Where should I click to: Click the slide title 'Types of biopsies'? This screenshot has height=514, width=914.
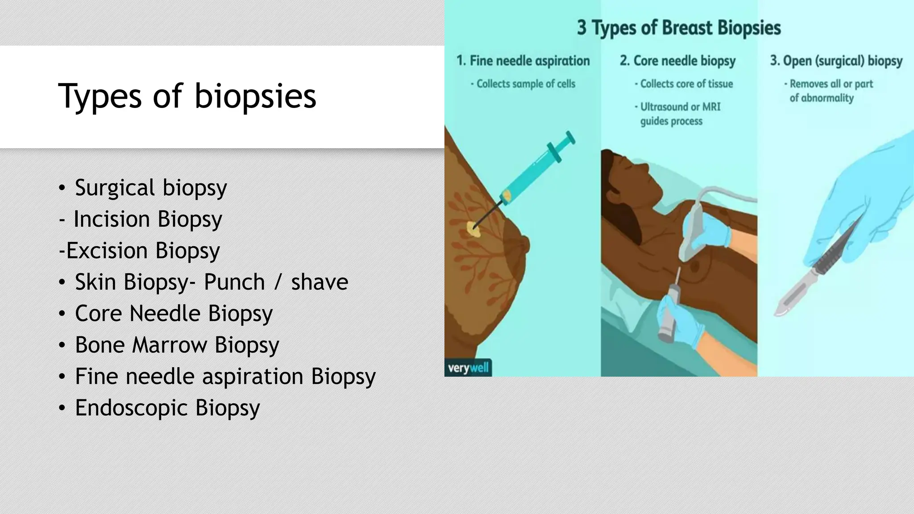click(187, 96)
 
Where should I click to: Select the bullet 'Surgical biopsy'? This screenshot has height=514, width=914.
click(150, 187)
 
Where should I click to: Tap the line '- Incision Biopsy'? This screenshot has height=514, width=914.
click(140, 219)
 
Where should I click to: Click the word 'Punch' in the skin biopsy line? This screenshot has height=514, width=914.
click(234, 282)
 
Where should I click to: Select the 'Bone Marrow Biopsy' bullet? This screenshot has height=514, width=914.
click(177, 345)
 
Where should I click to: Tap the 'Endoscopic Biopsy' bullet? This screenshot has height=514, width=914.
click(167, 408)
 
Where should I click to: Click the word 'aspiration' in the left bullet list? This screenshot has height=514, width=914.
click(253, 376)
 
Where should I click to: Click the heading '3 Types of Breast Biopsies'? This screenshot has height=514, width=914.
click(679, 28)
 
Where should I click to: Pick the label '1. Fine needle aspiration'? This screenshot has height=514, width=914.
click(523, 61)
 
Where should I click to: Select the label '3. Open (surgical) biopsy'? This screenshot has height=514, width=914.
click(836, 61)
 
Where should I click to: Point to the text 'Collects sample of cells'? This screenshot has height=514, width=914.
click(525, 84)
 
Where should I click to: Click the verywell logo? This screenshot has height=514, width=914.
click(468, 368)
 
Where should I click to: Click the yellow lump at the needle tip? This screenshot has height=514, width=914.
click(472, 229)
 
